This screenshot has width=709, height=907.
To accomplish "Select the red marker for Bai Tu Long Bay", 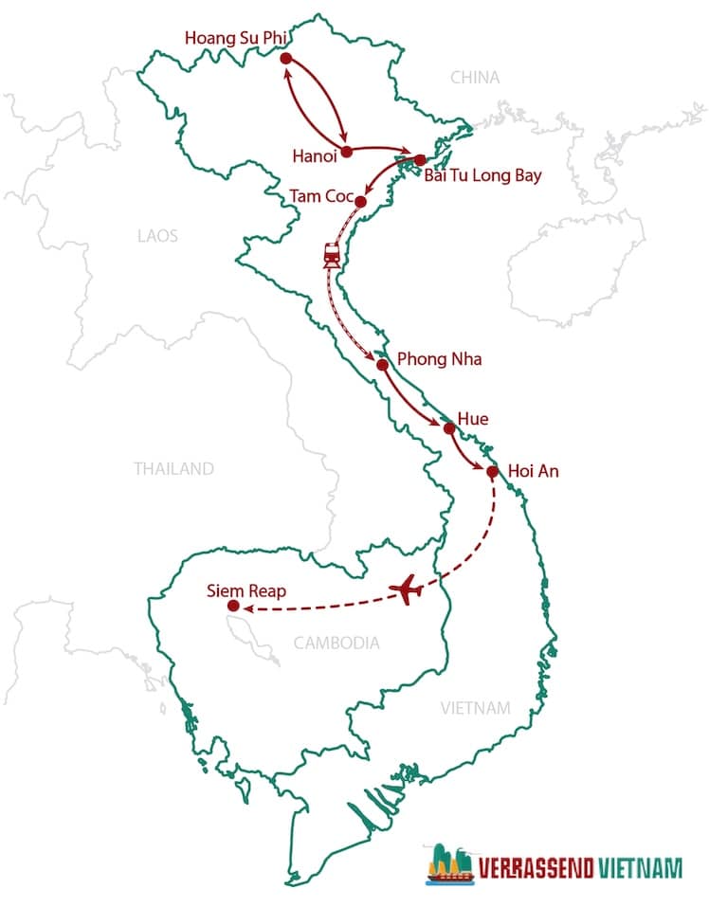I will pyautogui.click(x=420, y=160).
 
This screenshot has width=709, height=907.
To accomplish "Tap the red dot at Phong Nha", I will pyautogui.click(x=382, y=365).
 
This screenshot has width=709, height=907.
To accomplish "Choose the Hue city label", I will pyautogui.click(x=472, y=417).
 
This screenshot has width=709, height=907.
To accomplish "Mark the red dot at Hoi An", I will pyautogui.click(x=492, y=471).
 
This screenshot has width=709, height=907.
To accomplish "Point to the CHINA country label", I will pyautogui.click(x=475, y=77).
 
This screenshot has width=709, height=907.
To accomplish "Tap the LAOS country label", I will pyautogui.click(x=157, y=234).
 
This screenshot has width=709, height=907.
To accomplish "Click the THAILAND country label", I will pyautogui.click(x=173, y=468).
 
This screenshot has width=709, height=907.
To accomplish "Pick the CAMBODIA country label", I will pyautogui.click(x=336, y=643).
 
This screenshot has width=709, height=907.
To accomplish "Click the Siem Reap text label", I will pyautogui.click(x=245, y=591).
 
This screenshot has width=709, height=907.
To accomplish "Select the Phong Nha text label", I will pyautogui.click(x=439, y=360).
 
